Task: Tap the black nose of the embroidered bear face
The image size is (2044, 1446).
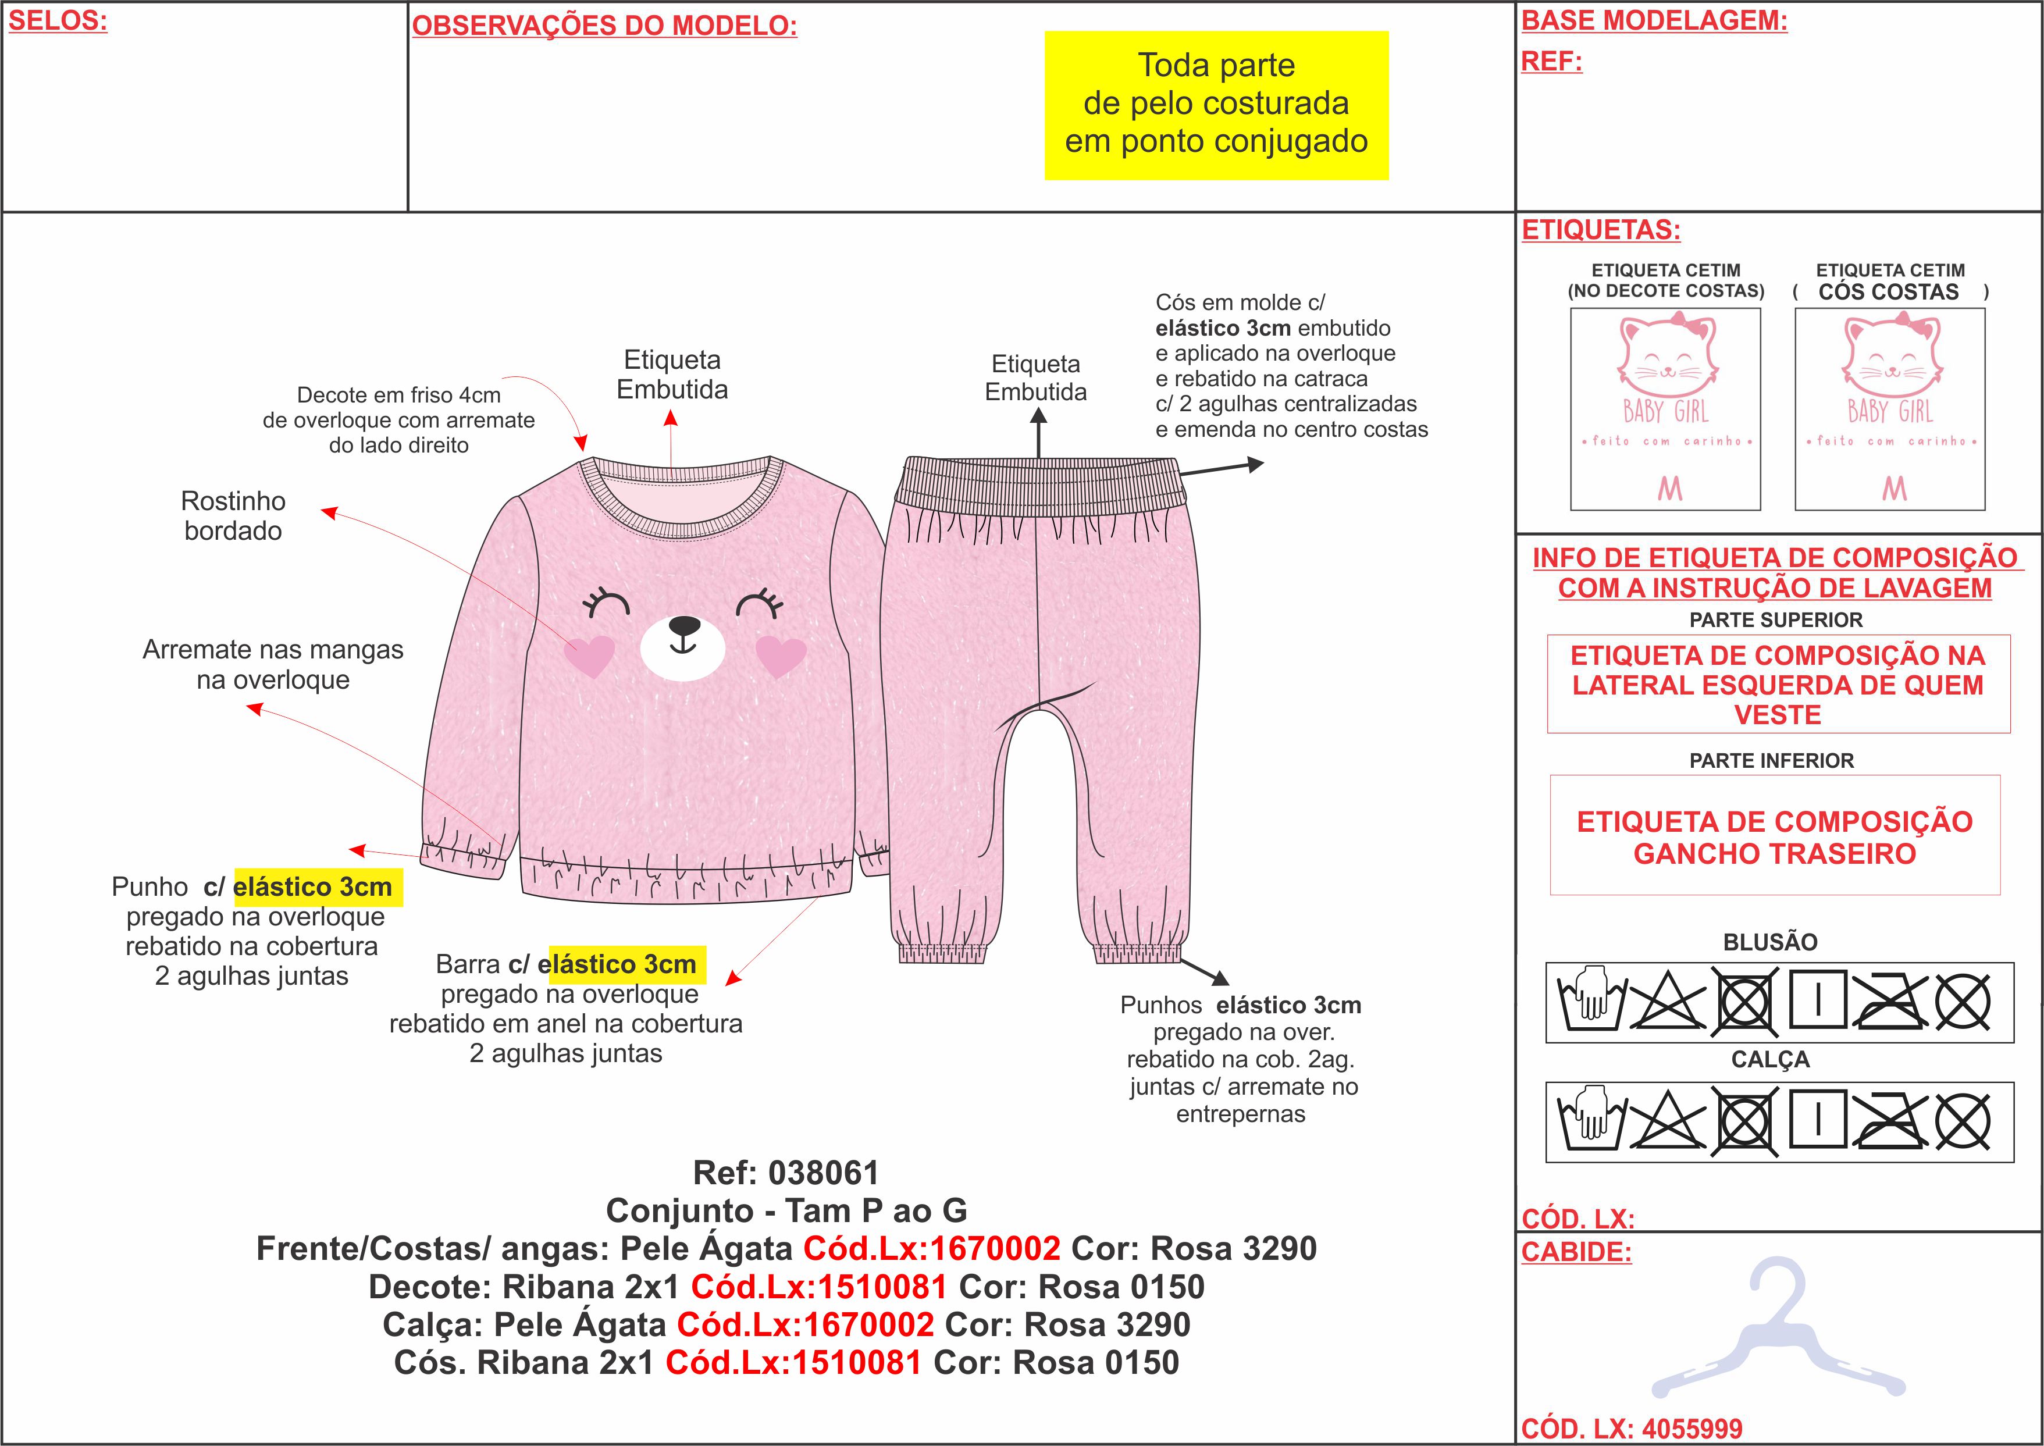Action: click(x=683, y=626)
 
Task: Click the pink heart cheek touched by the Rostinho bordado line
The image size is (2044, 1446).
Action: click(x=589, y=656)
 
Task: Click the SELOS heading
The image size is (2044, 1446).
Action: click(x=58, y=22)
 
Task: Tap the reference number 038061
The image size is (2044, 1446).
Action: click(x=824, y=1173)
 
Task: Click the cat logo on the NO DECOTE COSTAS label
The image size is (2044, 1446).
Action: click(x=1666, y=356)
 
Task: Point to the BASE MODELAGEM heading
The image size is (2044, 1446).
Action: click(x=1654, y=20)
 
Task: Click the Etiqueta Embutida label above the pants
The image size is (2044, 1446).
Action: click(x=1035, y=377)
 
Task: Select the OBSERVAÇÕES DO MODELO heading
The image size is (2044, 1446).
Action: click(x=604, y=26)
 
